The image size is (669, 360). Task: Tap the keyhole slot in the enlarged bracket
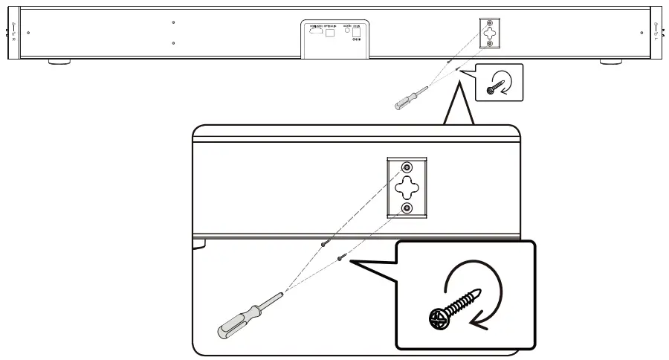tap(406, 187)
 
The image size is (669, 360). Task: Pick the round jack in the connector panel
tap(347, 32)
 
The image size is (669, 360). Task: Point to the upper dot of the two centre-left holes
tap(172, 22)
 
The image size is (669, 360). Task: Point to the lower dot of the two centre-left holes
tap(172, 43)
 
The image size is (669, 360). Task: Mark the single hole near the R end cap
tap(28, 33)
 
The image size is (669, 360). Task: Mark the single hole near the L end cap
tap(640, 33)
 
